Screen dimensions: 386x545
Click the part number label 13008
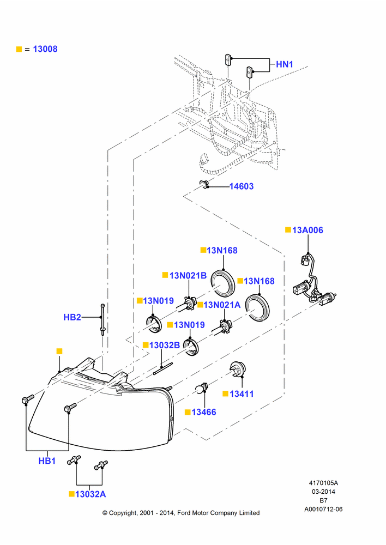click(45, 49)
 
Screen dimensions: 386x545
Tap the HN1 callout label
click(285, 64)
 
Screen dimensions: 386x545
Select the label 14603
click(242, 186)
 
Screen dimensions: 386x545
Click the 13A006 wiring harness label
click(307, 230)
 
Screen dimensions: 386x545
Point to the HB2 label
click(72, 317)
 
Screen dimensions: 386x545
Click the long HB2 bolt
click(102, 319)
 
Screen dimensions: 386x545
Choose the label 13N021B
click(188, 276)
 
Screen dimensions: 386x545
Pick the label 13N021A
click(222, 305)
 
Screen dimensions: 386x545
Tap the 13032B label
click(165, 345)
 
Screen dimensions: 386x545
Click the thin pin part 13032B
click(163, 369)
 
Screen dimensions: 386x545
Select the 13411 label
click(242, 394)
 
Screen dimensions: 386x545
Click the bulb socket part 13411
click(237, 369)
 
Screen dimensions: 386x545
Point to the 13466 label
click(204, 412)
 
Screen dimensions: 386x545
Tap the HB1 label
click(47, 461)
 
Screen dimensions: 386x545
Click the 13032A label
click(91, 494)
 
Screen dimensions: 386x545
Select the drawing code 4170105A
click(323, 483)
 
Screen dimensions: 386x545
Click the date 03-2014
click(323, 492)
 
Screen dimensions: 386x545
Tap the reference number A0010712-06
click(323, 509)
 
